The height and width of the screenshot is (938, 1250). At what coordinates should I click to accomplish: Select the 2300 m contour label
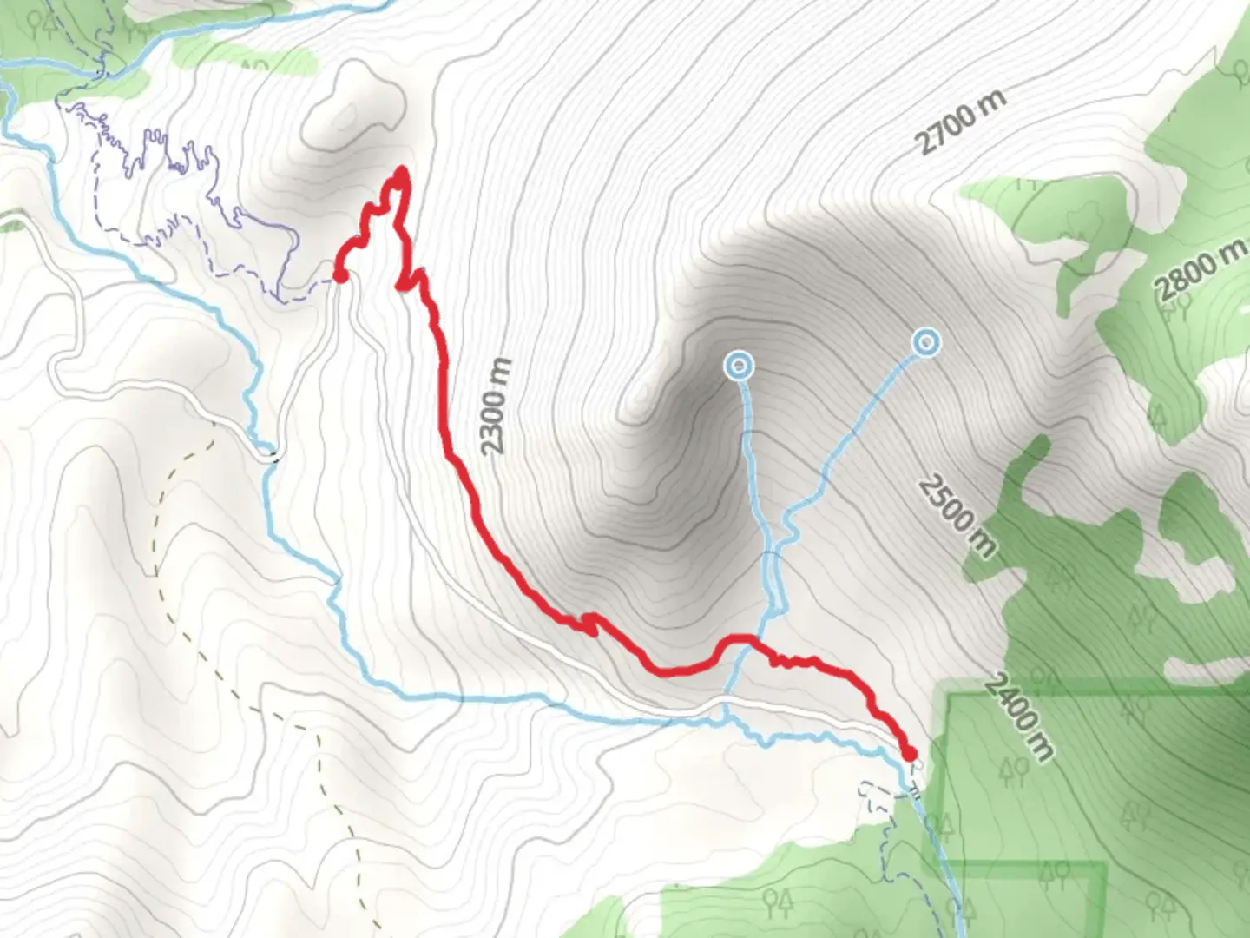pyautogui.click(x=496, y=406)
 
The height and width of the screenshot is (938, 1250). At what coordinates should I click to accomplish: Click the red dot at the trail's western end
pyautogui.click(x=340, y=275)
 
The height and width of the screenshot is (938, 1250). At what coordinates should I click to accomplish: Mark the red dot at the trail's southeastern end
pyautogui.click(x=909, y=753)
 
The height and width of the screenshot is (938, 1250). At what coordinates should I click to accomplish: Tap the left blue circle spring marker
pyautogui.click(x=738, y=367)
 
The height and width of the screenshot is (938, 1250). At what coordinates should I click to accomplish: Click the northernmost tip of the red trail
pyautogui.click(x=401, y=170)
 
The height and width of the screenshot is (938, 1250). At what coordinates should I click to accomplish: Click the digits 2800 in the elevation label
pyautogui.click(x=1187, y=278)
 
